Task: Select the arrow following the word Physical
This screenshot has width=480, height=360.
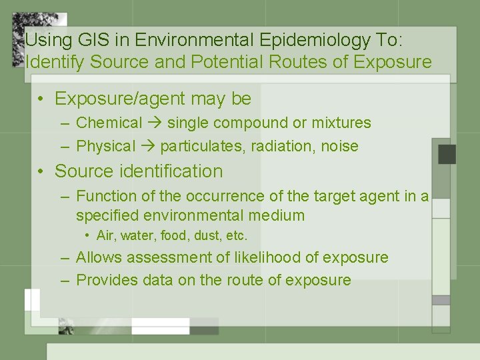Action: tap(148, 146)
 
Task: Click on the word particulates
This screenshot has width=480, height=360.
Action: tap(201, 146)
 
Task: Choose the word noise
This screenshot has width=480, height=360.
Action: tap(341, 146)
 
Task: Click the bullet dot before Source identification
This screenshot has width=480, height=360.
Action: tap(41, 172)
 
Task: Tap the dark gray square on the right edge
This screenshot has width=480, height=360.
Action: tap(447, 154)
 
